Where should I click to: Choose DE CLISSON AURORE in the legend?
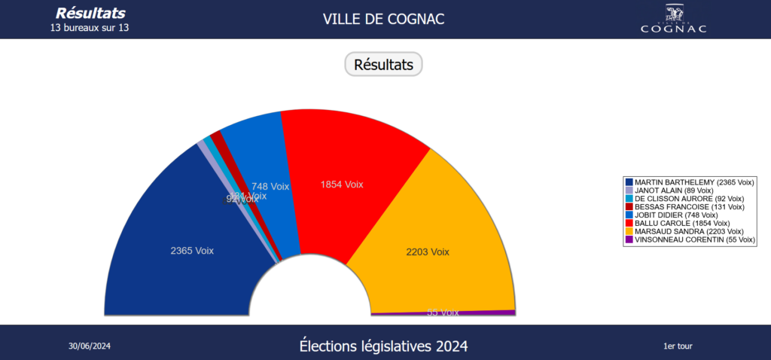689,199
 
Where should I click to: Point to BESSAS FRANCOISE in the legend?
689,207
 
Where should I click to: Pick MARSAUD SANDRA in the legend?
689,232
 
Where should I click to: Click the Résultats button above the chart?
384,65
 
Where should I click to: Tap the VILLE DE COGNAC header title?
384,19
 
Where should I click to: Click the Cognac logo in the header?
674,19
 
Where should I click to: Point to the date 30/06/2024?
90,346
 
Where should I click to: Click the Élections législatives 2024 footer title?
383,346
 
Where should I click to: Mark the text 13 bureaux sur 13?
90,29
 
